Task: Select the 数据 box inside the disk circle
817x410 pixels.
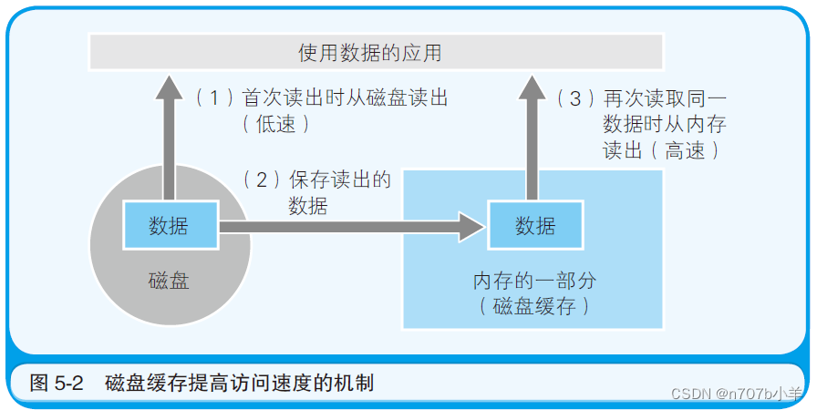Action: tap(169, 225)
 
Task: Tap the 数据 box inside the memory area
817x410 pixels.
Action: tap(535, 225)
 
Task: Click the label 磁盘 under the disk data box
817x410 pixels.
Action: tap(169, 280)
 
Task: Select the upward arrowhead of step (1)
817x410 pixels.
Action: tap(168, 89)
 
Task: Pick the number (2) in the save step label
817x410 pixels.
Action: tap(263, 179)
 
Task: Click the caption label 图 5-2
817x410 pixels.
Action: tap(57, 383)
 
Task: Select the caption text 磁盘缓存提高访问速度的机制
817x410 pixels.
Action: tap(239, 383)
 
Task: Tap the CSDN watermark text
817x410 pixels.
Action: tap(737, 394)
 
